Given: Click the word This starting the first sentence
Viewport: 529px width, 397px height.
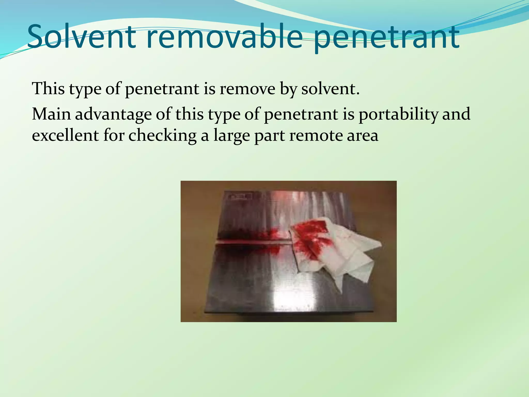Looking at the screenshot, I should pyautogui.click(x=48, y=88).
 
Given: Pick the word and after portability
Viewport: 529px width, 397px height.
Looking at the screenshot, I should pyautogui.click(x=456, y=114).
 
